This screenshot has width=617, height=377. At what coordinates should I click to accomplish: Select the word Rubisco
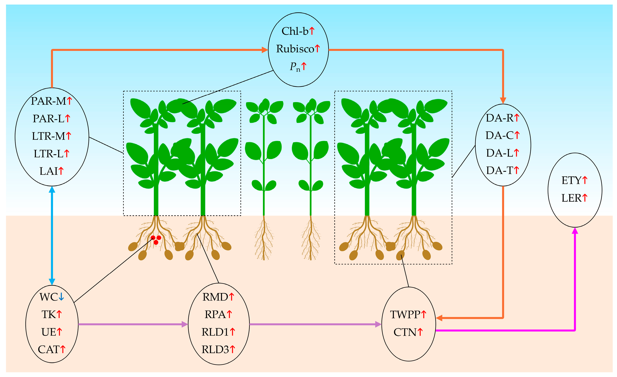coord(295,49)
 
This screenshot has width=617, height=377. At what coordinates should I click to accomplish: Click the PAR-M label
coord(48,101)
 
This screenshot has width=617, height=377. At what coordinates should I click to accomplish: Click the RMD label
coord(215,297)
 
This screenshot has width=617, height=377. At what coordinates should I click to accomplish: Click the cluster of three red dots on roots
coord(156,239)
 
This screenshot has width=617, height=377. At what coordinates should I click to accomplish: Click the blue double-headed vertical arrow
coord(52,236)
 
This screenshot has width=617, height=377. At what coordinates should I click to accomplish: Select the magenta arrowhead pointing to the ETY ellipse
coord(575,231)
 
